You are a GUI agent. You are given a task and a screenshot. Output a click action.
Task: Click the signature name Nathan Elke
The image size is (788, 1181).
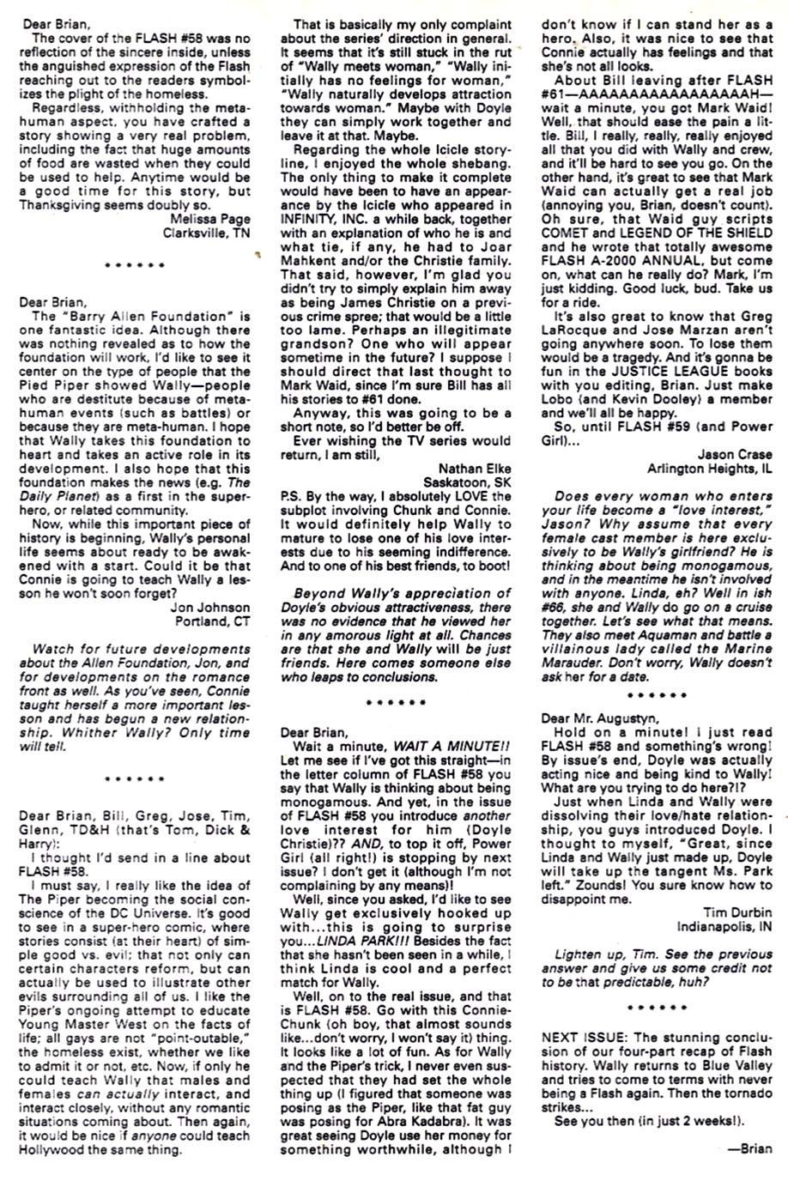click(474, 469)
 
